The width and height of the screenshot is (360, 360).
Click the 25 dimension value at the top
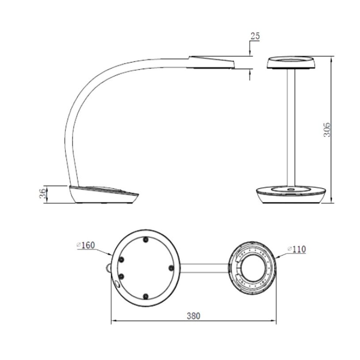255,36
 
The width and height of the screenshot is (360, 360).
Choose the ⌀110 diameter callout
296,250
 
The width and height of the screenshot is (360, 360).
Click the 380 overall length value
193,316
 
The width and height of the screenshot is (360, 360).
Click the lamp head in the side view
211,62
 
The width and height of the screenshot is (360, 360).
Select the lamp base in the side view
104,194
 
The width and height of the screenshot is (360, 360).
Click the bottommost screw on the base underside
145,296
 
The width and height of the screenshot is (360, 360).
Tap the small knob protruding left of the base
108,268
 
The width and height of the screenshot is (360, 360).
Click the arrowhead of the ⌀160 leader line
111,254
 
